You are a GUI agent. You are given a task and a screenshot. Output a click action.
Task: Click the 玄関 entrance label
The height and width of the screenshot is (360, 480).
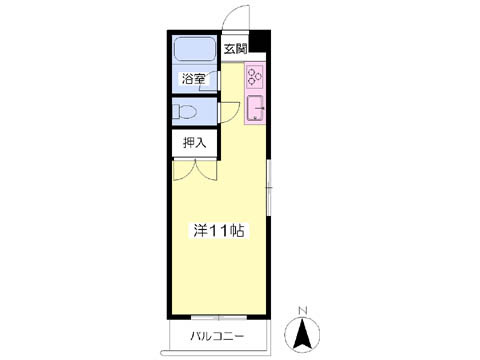coord(235,49)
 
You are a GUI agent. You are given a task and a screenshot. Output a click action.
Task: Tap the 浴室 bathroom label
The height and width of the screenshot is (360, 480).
coord(193,79)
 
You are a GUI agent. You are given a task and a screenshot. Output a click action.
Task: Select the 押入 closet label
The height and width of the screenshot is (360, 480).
coord(195,143)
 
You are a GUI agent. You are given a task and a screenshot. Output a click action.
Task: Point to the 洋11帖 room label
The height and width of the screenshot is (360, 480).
coord(219,231)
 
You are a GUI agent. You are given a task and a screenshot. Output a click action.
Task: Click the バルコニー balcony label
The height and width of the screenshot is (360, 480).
coord(217,336)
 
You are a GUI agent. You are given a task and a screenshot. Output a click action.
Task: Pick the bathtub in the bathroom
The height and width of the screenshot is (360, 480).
coord(195,49)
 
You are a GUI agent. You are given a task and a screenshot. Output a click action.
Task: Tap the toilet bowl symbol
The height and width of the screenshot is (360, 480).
coord(184,111)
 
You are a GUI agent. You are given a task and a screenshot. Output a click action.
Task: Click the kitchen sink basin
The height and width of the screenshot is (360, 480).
coord(255,108)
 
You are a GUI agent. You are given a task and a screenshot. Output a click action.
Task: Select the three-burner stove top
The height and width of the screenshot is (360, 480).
coord(255,77)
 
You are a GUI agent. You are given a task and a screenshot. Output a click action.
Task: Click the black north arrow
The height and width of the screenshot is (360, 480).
coord(302,334)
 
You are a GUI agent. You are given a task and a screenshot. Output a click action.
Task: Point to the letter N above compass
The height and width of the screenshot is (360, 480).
coord(302,311)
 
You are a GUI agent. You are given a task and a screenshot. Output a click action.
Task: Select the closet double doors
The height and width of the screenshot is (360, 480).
coord(195,170)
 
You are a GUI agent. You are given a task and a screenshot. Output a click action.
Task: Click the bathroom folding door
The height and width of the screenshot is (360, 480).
coord(210,81)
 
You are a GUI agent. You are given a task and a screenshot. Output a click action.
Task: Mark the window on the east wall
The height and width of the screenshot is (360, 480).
coord(269,188)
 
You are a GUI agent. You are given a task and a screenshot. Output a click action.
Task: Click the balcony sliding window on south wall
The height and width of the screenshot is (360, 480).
coord(219,317)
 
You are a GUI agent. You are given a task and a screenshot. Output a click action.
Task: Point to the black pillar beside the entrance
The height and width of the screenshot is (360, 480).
coord(259,41)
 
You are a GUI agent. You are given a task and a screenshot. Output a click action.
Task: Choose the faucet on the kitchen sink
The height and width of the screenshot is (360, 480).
coord(260,108)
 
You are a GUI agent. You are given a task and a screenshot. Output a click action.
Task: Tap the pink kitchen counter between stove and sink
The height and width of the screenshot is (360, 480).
coord(255,92)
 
